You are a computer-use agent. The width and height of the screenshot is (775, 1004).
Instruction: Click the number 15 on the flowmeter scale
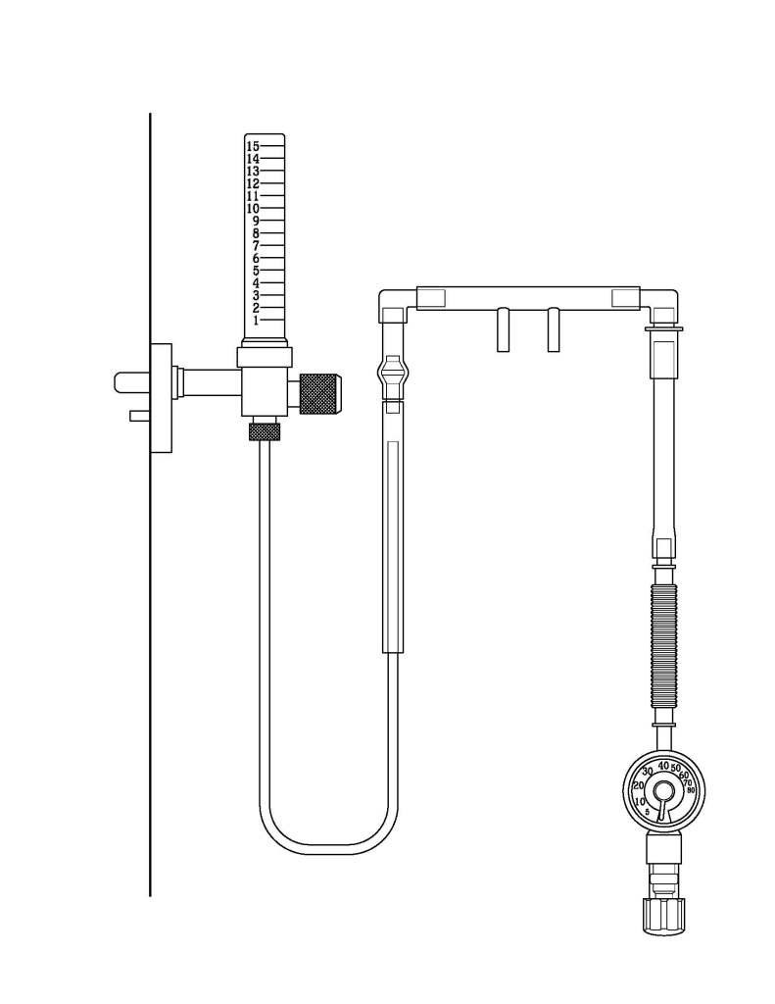click(x=253, y=146)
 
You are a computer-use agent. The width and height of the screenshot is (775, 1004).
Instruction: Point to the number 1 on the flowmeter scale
click(x=256, y=321)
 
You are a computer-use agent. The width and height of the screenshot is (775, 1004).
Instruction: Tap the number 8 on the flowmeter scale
click(x=256, y=233)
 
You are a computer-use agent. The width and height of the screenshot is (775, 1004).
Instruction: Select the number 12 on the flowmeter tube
click(x=253, y=183)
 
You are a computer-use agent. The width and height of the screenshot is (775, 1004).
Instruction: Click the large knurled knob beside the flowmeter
click(x=320, y=393)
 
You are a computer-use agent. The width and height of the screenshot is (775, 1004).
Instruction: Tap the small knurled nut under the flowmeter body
click(x=264, y=431)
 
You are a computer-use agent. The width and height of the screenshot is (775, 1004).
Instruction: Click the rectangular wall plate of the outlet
click(x=161, y=398)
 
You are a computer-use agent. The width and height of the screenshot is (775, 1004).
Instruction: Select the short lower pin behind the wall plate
click(x=139, y=416)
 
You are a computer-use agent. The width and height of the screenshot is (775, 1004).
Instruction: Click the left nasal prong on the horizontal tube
click(x=504, y=330)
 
